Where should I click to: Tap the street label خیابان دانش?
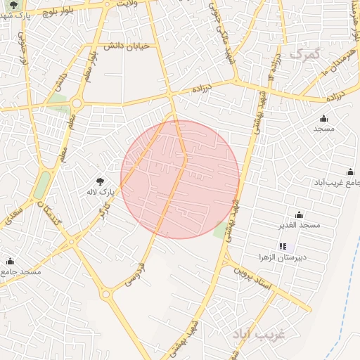point(127,46)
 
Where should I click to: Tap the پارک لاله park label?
point(99,191)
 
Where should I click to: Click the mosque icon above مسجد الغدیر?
point(299,214)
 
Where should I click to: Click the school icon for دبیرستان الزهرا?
point(283,246)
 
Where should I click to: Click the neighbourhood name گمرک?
point(303,53)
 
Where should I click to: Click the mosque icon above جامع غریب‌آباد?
point(350,172)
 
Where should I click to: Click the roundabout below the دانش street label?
point(75,104)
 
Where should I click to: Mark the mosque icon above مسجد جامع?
point(10,261)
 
